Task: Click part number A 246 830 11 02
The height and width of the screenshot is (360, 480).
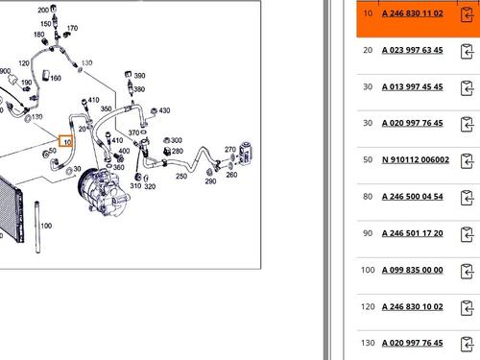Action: (x=413, y=13)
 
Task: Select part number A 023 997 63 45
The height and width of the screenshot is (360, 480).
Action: (x=413, y=50)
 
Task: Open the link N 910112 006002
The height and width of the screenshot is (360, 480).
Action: (x=416, y=160)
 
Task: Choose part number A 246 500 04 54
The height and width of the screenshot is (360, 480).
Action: (x=413, y=197)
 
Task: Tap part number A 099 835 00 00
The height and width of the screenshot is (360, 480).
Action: (x=413, y=270)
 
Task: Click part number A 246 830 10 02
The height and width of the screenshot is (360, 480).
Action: (x=413, y=307)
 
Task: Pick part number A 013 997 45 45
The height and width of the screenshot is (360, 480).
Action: (x=413, y=87)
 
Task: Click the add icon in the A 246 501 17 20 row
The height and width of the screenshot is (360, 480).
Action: (x=467, y=234)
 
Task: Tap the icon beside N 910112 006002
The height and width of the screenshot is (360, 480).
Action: (x=467, y=161)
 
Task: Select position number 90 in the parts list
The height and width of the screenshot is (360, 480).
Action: (x=368, y=233)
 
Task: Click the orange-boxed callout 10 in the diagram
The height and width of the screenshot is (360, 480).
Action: (x=66, y=142)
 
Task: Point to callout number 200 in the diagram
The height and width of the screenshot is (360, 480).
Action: (x=43, y=11)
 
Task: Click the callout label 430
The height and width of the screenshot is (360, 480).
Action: (x=164, y=110)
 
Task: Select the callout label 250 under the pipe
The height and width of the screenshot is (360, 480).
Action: (x=181, y=176)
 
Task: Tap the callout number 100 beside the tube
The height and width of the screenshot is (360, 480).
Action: (x=46, y=226)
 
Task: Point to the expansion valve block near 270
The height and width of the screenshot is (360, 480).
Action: (x=246, y=154)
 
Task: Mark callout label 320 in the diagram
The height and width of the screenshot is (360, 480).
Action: (x=150, y=186)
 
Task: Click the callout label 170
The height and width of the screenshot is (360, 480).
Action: (x=72, y=28)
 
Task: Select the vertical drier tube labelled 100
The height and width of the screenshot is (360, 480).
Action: (x=37, y=227)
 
